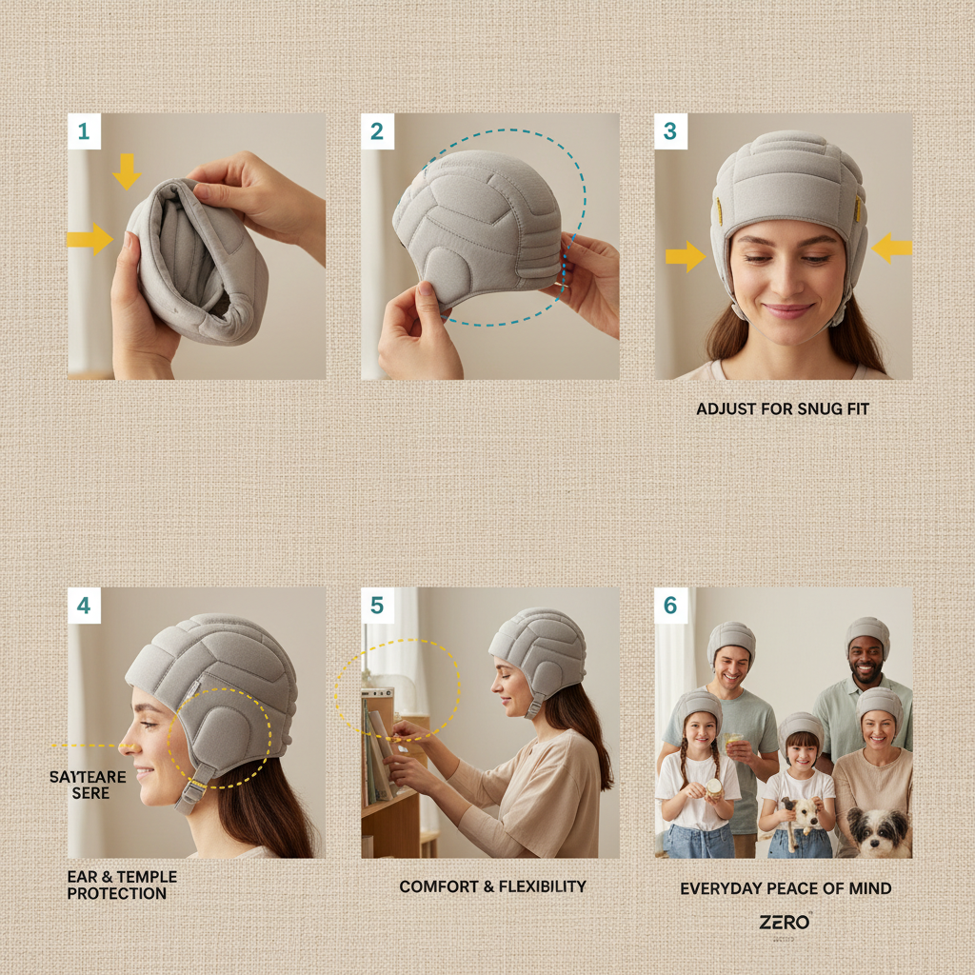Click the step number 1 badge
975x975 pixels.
pyautogui.click(x=84, y=131)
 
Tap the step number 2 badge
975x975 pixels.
pyautogui.click(x=377, y=131)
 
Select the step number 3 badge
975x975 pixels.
pyautogui.click(x=670, y=131)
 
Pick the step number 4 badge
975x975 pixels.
pyautogui.click(x=84, y=606)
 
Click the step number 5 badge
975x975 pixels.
pyautogui.click(x=377, y=606)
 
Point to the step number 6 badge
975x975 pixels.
pyautogui.click(x=670, y=606)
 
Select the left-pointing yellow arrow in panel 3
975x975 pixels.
pyautogui.click(x=892, y=249)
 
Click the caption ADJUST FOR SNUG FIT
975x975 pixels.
pyautogui.click(x=783, y=408)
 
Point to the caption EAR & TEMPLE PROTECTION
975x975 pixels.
pyautogui.click(x=116, y=885)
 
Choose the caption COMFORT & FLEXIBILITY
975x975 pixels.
pyautogui.click(x=492, y=886)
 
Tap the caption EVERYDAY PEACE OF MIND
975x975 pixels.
pyautogui.click(x=786, y=888)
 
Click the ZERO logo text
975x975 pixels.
pyautogui.click(x=785, y=922)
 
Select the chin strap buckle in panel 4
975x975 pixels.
pyautogui.click(x=192, y=789)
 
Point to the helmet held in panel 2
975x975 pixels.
pyautogui.click(x=481, y=229)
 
